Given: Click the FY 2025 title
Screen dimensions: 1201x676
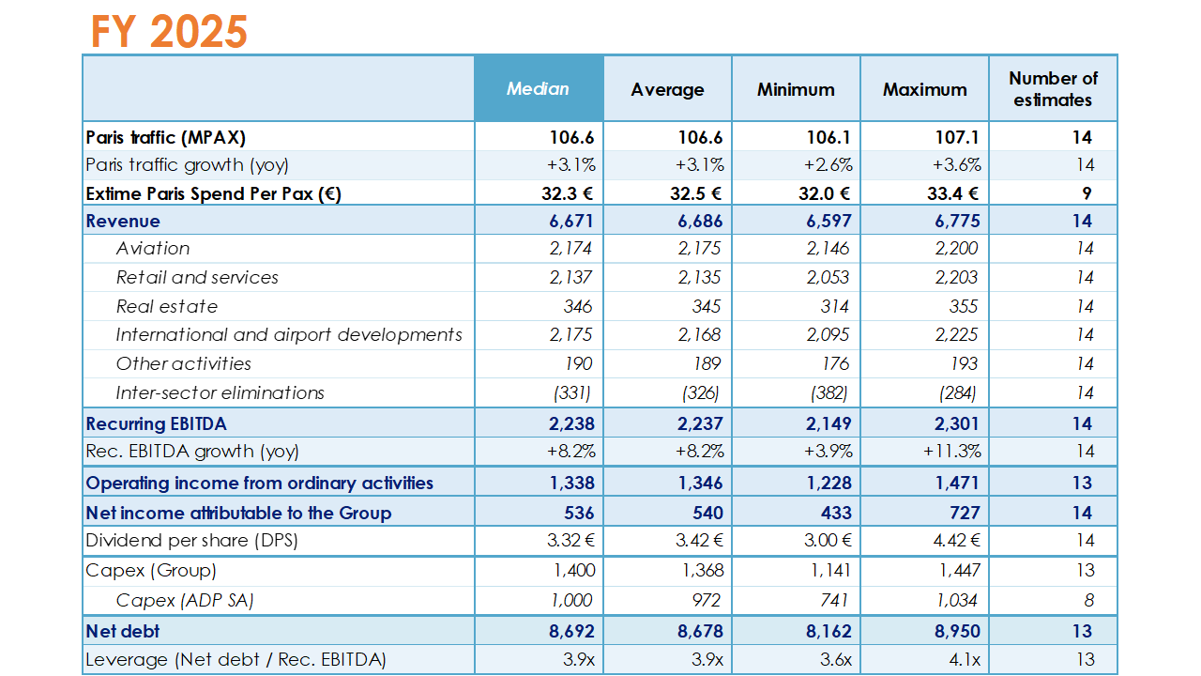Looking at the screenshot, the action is [169, 31].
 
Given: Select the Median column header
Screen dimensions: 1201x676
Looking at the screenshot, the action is [538, 88].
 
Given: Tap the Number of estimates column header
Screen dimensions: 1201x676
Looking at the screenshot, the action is [1053, 89].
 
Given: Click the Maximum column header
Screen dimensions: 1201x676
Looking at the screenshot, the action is [925, 89].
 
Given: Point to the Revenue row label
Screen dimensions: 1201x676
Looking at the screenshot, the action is [123, 221].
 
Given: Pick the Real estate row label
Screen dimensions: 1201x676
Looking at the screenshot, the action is [167, 306].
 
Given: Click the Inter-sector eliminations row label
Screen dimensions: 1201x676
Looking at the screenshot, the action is [220, 392].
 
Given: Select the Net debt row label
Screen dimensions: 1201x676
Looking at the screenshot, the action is [122, 631].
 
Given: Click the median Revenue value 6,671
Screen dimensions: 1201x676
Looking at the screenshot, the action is [571, 221].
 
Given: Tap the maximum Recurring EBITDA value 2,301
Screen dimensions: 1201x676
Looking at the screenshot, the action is [957, 423].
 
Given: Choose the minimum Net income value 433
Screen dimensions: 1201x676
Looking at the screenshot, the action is [836, 513].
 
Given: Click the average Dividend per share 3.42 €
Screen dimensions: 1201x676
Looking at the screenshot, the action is [699, 540].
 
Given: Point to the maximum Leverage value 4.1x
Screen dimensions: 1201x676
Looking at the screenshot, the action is [965, 659].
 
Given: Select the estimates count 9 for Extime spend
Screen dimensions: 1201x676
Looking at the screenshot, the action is [1087, 193].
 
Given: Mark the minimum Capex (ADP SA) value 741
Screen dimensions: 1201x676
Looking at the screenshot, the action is [834, 600].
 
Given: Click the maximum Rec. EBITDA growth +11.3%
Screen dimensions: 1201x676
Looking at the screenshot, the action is [951, 452].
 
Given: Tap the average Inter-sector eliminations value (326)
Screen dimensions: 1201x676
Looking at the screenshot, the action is [700, 392].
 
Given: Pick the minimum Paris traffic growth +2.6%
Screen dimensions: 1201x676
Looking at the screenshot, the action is [828, 164].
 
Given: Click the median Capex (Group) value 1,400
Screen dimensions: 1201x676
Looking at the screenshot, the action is [574, 570].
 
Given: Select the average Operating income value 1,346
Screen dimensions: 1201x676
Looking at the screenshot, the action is [700, 483].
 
